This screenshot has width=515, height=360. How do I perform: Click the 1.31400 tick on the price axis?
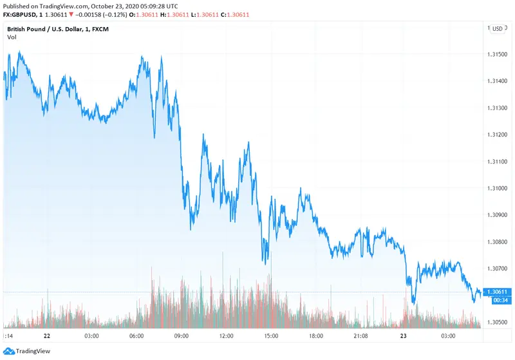click(501, 81)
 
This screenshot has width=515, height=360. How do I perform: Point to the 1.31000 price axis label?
click(501, 189)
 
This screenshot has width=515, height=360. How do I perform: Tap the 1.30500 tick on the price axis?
click(501, 322)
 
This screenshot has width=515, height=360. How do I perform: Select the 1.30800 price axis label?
click(501, 242)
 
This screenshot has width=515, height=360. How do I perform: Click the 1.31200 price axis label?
click(501, 135)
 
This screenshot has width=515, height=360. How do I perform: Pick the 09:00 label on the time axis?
click(181, 336)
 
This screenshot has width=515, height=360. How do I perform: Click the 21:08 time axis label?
click(360, 336)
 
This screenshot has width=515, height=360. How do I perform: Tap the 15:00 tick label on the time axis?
click(271, 336)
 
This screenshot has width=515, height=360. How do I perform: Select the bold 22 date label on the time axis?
click(46, 336)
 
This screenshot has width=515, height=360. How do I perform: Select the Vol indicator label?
click(12, 37)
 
